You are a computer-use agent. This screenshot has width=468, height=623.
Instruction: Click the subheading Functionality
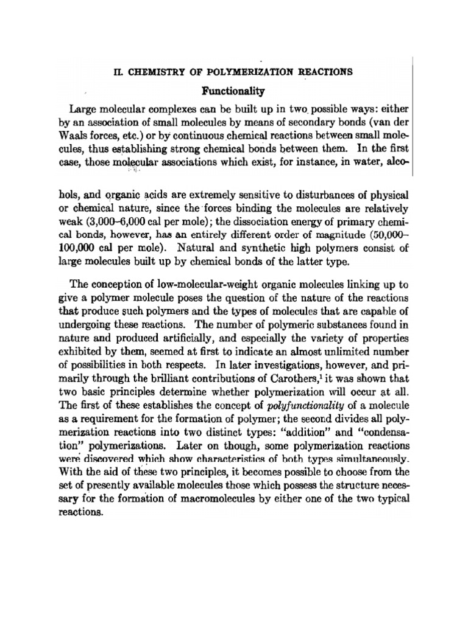[x=234, y=91]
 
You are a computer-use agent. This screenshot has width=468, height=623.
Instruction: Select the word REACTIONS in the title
[x=324, y=71]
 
